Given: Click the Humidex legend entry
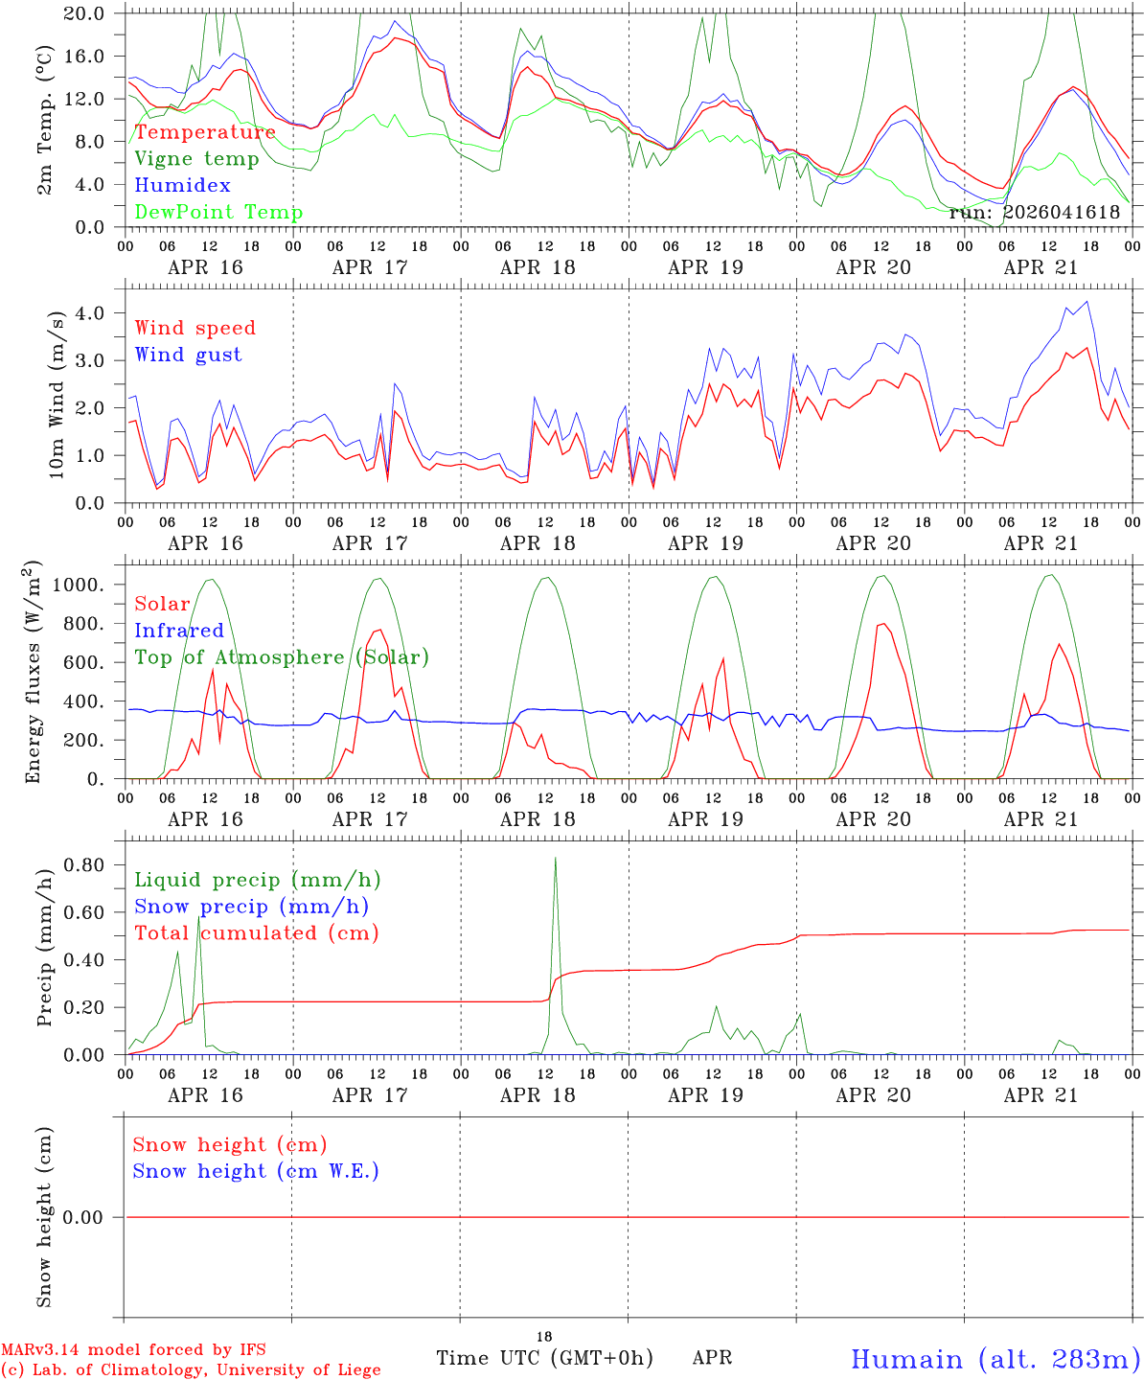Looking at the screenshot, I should tap(182, 186).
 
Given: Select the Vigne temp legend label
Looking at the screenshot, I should tap(196, 159).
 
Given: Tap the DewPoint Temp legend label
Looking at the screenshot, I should tap(218, 213).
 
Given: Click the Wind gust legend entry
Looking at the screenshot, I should tap(188, 355).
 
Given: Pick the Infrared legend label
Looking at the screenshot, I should tap(178, 631).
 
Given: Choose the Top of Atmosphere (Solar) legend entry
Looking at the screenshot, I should tap(282, 657).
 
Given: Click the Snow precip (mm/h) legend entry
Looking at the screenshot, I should tap(251, 907).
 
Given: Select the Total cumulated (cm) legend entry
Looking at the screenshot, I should tap(257, 933).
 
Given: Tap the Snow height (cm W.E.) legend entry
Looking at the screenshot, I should tap(256, 1171).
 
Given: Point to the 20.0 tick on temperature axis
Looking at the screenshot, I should tap(83, 13).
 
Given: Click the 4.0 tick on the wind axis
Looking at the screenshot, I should tap(89, 313).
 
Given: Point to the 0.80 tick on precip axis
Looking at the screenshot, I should tap(83, 864).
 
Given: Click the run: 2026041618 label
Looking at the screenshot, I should tap(1034, 213).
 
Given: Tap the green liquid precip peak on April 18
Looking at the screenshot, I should tap(555, 859).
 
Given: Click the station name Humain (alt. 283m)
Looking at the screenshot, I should tap(995, 1359).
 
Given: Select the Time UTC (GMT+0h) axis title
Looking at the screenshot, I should tap(544, 1358).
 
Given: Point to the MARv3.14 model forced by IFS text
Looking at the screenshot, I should tap(133, 1350).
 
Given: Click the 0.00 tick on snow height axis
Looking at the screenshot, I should tap(83, 1217).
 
